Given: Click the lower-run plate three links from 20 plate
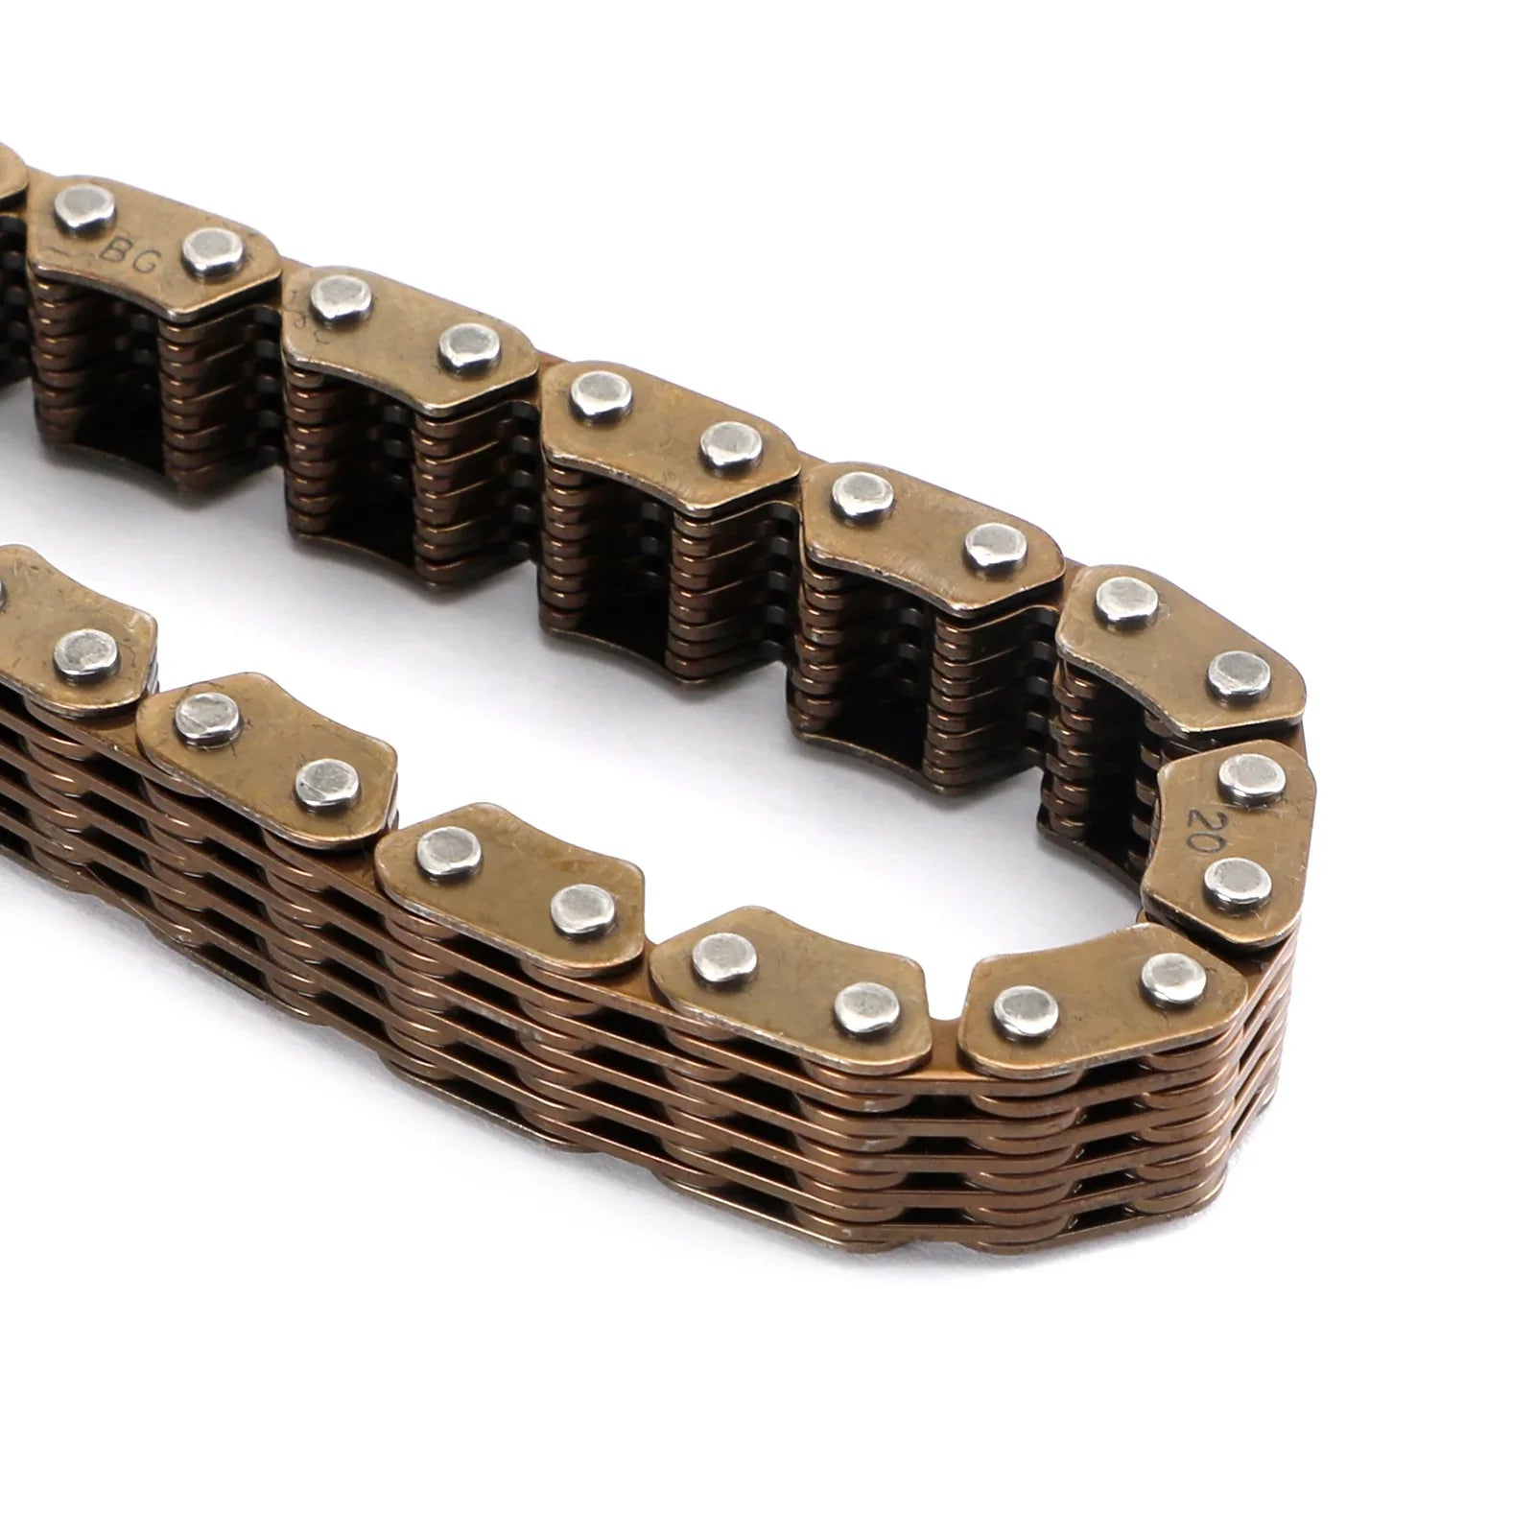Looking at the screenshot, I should click(508, 873).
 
